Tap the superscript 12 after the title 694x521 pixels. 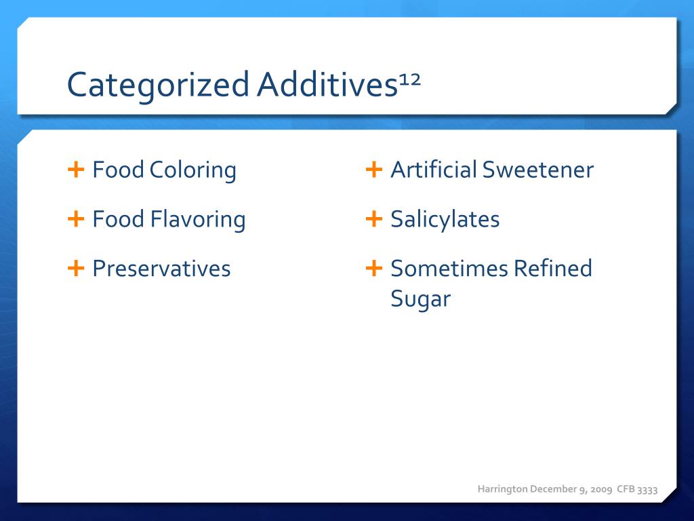(410, 79)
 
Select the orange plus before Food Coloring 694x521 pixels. (76, 169)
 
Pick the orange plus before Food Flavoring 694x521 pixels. (76, 218)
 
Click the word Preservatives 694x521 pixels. (161, 269)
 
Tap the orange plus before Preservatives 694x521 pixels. (76, 268)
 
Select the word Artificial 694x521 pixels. (434, 170)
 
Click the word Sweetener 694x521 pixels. (538, 170)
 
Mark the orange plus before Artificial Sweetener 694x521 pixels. (374, 169)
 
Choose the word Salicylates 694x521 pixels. (445, 220)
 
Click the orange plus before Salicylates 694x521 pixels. (374, 218)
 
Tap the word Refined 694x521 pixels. (552, 269)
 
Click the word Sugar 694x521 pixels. (420, 299)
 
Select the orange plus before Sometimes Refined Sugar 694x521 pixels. (374, 268)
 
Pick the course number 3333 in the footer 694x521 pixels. (647, 489)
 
